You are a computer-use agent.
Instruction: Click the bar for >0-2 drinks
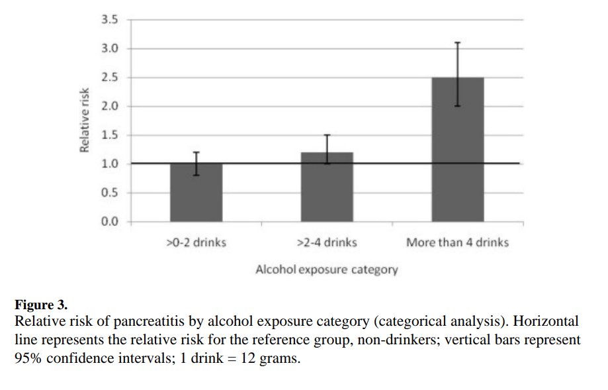click(196, 192)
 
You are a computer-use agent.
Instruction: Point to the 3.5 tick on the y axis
click(109, 19)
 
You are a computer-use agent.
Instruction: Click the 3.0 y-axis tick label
click(109, 48)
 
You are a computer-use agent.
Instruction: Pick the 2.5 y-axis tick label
click(109, 77)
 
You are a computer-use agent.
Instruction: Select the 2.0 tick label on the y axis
click(109, 106)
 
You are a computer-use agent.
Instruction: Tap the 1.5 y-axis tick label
click(109, 135)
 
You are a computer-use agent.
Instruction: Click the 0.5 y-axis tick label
click(109, 193)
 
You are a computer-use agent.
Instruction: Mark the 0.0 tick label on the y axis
click(109, 221)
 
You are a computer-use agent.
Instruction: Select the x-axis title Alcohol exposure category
click(326, 269)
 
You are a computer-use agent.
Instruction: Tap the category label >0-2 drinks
click(196, 242)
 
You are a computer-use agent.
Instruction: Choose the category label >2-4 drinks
click(327, 242)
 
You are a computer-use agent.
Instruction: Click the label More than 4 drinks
click(457, 242)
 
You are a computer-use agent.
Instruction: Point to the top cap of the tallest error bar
click(457, 42)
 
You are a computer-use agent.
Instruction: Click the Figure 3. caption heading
click(41, 305)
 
